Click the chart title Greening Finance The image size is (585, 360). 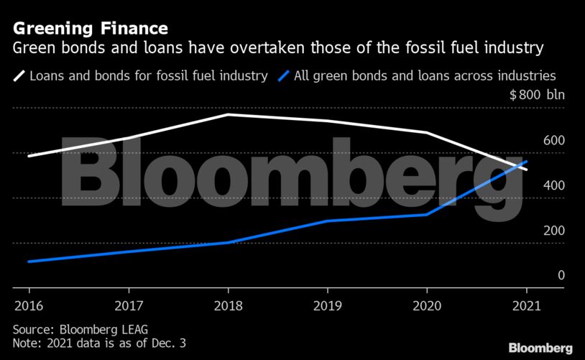91,29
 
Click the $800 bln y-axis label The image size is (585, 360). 538,96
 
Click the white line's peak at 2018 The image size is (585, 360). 228,114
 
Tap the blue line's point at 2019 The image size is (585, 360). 328,221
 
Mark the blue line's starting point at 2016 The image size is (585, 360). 29,262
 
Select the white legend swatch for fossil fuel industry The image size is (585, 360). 19,75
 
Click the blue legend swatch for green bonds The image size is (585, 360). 284,75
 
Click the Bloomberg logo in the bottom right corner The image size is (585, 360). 540,348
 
